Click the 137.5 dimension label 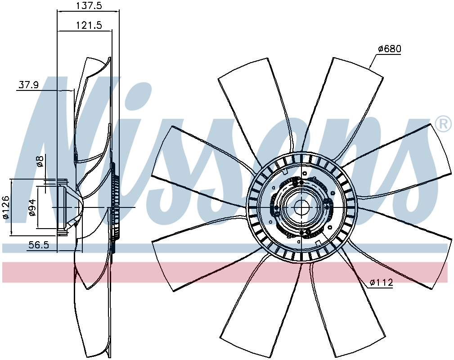(x=89, y=6)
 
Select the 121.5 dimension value (x=89, y=25)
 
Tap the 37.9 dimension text (x=29, y=85)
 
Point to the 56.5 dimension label (x=39, y=245)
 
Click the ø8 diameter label (x=40, y=161)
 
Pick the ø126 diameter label (x=5, y=207)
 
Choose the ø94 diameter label (x=32, y=207)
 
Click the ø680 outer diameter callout (x=390, y=49)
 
